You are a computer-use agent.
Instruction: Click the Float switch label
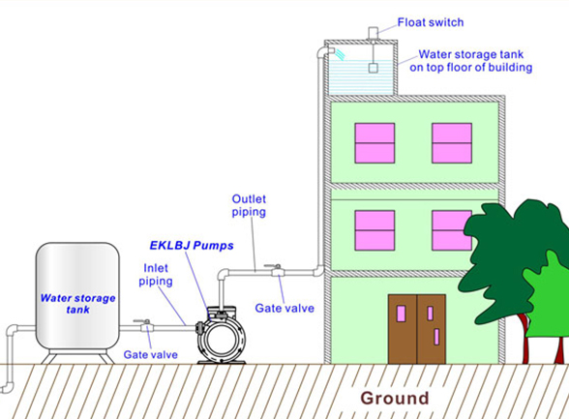(x=431, y=22)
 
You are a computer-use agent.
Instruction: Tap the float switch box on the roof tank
(x=374, y=33)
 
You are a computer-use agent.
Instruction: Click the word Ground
(x=395, y=398)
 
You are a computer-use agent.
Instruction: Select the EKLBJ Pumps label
(x=192, y=246)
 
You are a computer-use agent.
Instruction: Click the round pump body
(x=221, y=339)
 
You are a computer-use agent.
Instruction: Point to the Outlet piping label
(x=249, y=205)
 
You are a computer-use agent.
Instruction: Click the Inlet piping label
(x=156, y=275)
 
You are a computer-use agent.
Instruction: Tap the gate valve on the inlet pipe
(x=146, y=326)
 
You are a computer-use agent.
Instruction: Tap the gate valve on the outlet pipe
(x=277, y=271)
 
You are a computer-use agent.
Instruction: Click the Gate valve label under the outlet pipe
(x=284, y=309)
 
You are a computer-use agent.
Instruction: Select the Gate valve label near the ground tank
(x=151, y=355)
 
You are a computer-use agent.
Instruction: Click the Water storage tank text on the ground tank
(x=77, y=304)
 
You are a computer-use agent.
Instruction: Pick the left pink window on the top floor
(x=374, y=143)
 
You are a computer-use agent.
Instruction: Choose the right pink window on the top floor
(x=452, y=143)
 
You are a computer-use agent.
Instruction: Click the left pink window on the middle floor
(x=374, y=230)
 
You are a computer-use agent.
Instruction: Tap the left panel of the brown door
(x=403, y=329)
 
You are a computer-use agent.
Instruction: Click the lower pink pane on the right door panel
(x=436, y=337)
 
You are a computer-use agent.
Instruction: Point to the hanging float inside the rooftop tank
(x=374, y=68)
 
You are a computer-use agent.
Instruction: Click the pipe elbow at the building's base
(x=318, y=271)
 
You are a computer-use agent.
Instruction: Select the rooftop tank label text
(x=471, y=61)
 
